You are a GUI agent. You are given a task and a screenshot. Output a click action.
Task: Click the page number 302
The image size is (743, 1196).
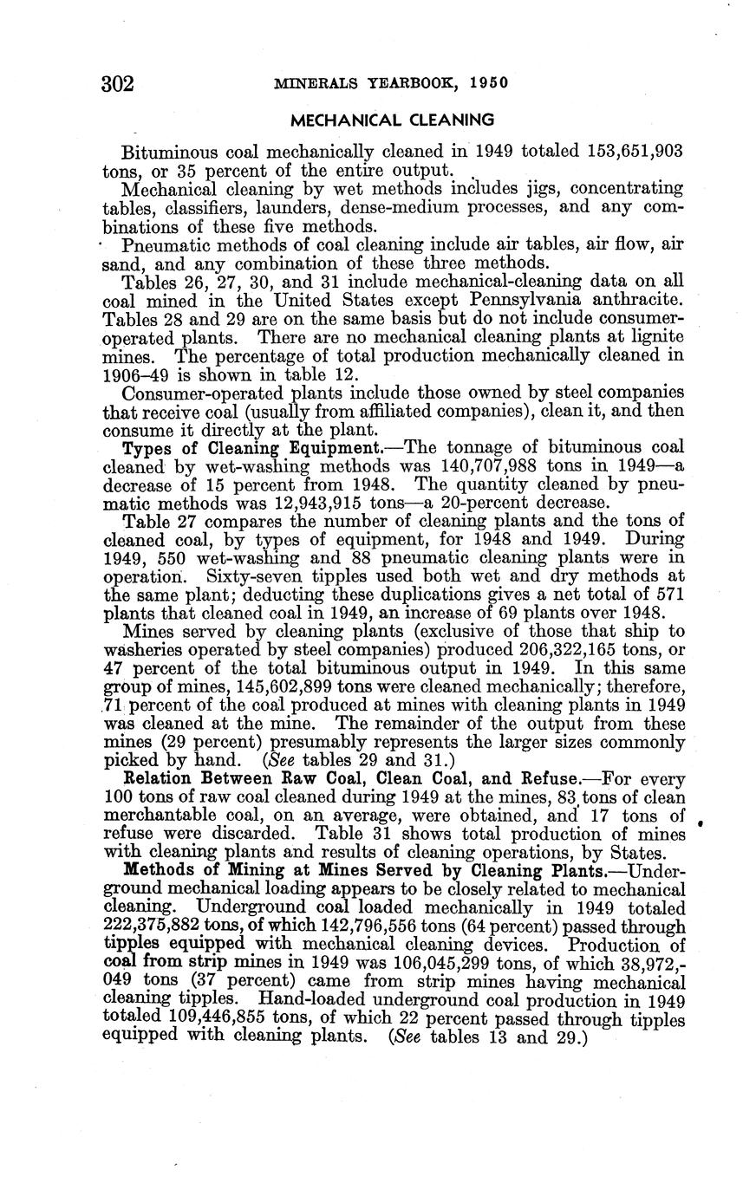pyautogui.click(x=118, y=83)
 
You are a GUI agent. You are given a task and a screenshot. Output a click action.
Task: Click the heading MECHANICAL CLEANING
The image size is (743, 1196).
pyautogui.click(x=392, y=120)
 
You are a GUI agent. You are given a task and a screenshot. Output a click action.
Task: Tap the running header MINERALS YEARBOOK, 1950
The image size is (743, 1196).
pyautogui.click(x=390, y=84)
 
